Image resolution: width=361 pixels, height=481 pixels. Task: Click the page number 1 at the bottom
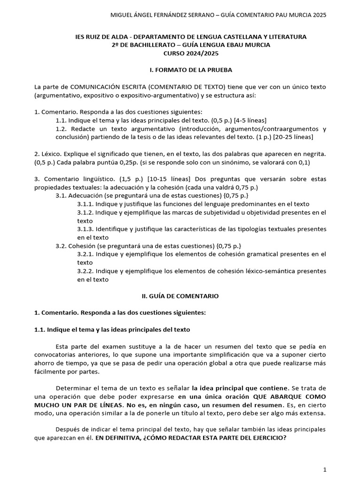point(324,469)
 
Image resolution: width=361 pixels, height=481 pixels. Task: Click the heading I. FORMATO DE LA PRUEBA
point(191,70)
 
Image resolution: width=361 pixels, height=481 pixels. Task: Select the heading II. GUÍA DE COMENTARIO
point(180,296)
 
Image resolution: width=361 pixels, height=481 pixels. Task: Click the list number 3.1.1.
point(86,204)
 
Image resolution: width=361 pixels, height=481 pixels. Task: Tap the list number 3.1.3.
point(86,229)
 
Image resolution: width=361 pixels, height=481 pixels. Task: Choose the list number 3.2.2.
point(86,271)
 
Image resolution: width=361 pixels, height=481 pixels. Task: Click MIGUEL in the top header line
point(121,15)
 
